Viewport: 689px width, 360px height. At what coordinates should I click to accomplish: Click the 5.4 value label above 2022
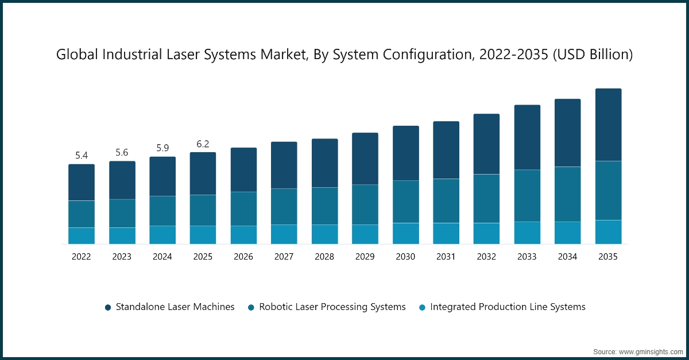point(82,156)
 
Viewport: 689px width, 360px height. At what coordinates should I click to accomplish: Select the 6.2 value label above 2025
point(203,144)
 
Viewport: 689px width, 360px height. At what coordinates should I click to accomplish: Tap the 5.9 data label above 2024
point(162,148)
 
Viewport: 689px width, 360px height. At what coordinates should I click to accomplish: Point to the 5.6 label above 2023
point(122,153)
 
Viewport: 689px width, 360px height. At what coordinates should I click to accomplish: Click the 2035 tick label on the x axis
point(608,257)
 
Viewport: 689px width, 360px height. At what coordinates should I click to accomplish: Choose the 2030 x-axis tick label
point(405,257)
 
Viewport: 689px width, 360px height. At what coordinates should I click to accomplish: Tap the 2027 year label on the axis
point(284,257)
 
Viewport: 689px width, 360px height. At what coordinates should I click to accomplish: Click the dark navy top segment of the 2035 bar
point(608,125)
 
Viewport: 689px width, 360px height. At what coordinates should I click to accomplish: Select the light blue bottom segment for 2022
point(82,236)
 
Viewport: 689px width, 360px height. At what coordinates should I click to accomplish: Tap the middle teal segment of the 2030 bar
point(405,202)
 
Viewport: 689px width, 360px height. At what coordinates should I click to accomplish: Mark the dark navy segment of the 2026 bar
point(243,169)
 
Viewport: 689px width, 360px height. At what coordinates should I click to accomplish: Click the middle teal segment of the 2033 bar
point(527,195)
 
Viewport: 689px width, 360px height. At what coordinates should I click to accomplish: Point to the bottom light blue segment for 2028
point(324,234)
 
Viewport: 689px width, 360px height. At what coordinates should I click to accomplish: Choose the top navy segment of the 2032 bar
point(486,144)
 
